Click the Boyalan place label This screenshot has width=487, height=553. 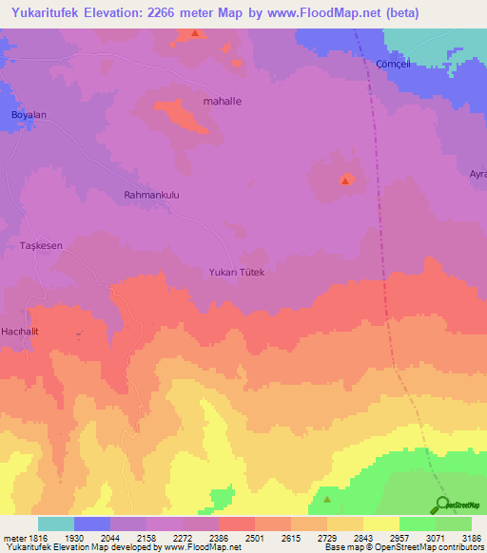click(29, 115)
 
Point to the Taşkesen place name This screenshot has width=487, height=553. click(41, 245)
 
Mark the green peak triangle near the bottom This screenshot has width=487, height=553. click(326, 499)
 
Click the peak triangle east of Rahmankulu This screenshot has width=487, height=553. click(345, 180)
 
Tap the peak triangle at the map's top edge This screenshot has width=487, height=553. click(195, 33)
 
